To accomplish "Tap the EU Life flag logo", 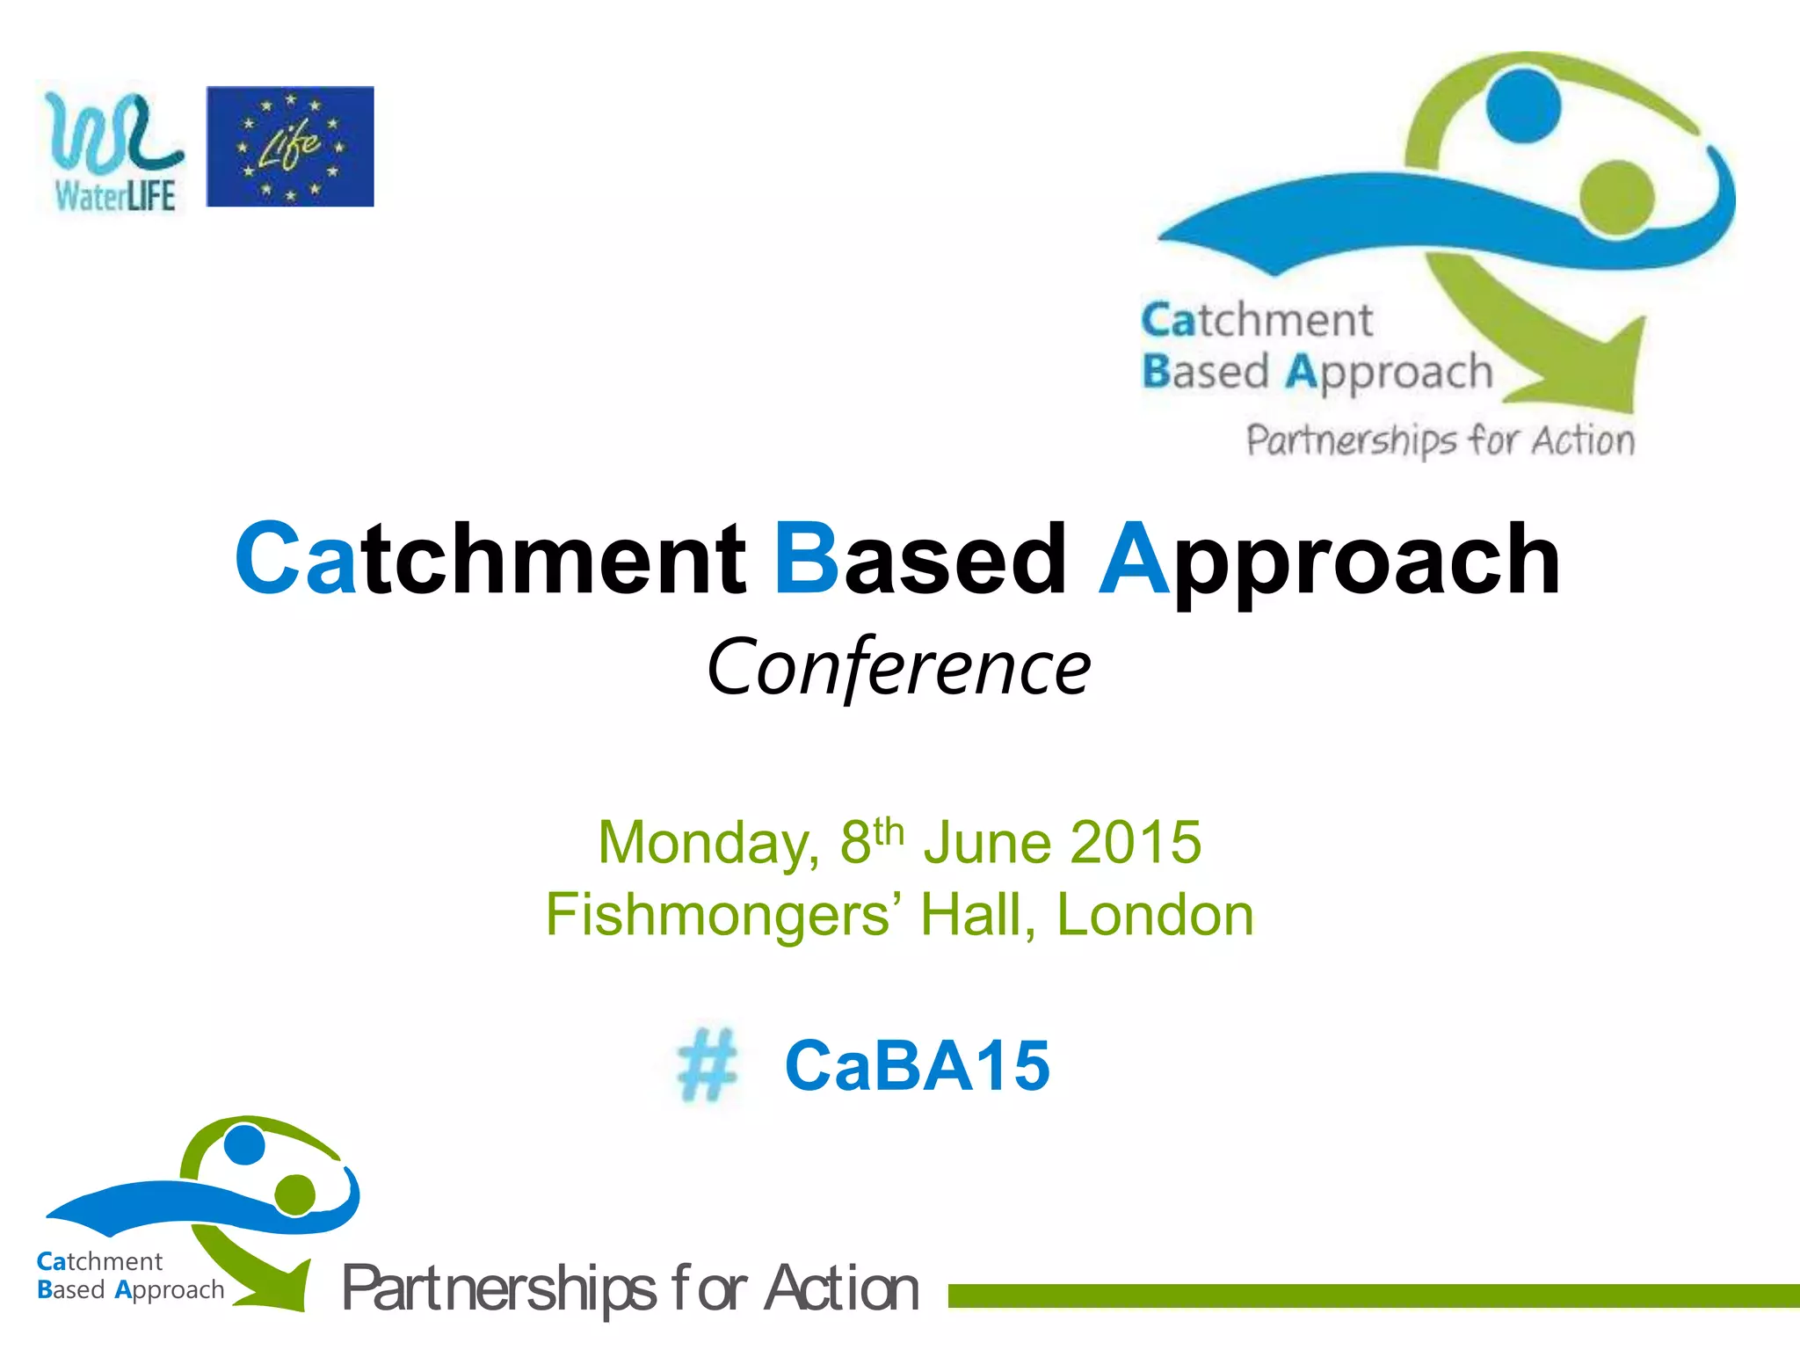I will [290, 146].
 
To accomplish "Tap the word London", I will [1154, 916].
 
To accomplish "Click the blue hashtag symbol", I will [707, 1065].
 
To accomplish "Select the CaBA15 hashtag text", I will [917, 1066].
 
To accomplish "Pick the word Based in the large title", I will [920, 559].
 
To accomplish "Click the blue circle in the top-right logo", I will [1523, 105].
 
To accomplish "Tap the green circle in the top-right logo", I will [1615, 198].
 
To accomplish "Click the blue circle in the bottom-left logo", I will [244, 1145].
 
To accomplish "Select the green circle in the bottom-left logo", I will [294, 1194].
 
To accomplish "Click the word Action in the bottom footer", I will [841, 1289].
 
